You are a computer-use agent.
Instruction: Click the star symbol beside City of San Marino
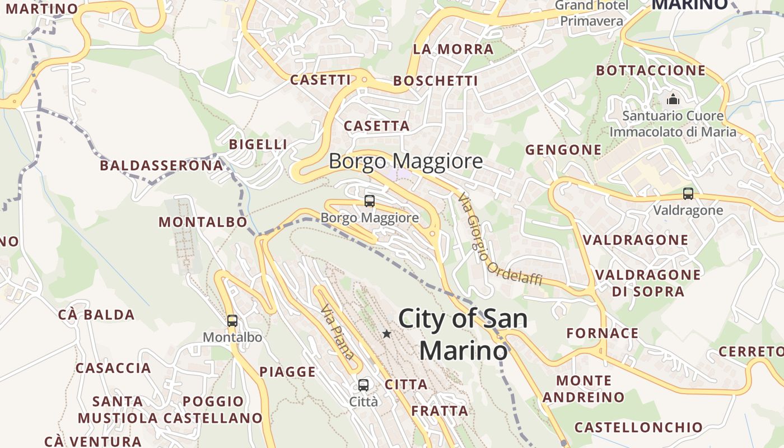(x=386, y=334)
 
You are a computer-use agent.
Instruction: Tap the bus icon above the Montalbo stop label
(x=232, y=321)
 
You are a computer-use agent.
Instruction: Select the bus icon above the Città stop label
(x=363, y=385)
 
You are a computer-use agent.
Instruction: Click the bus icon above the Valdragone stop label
(x=688, y=194)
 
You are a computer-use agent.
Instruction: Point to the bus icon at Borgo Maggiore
(x=370, y=201)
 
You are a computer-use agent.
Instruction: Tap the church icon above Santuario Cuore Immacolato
(x=673, y=100)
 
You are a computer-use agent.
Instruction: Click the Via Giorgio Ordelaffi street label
(x=500, y=239)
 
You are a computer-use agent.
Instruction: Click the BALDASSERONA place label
(x=161, y=166)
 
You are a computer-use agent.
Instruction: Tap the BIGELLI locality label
(x=258, y=144)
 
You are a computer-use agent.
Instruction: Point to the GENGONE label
(x=563, y=150)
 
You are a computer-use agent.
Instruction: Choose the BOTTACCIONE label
(x=651, y=71)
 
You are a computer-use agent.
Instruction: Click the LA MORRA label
(x=454, y=49)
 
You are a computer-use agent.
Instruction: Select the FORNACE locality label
(x=603, y=334)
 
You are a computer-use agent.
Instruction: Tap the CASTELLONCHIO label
(x=638, y=427)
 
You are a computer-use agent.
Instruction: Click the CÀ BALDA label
(x=96, y=315)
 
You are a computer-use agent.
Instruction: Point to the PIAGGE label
(x=287, y=372)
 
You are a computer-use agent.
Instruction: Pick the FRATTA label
(x=440, y=411)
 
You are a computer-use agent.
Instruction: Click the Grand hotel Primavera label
(x=592, y=13)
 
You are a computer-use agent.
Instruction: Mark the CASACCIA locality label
(x=113, y=368)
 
